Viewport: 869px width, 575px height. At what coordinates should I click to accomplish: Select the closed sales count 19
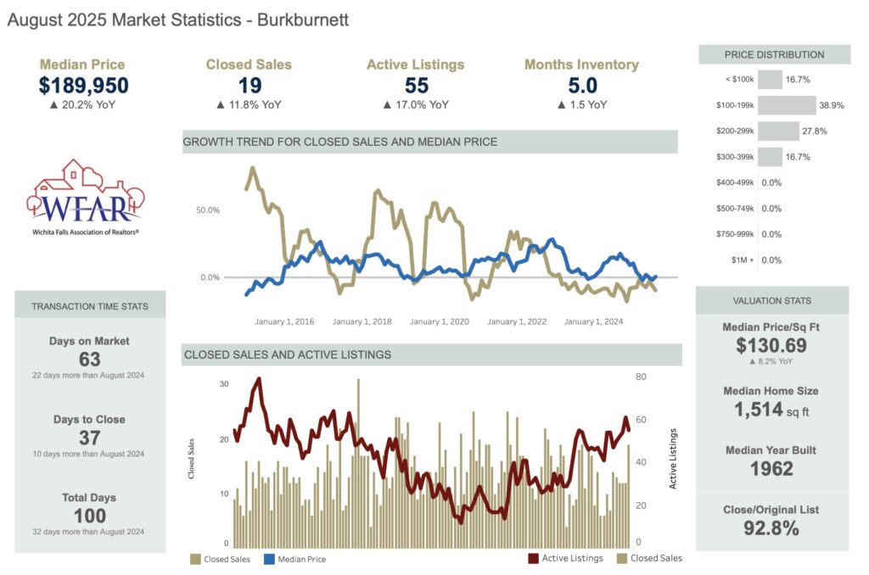tap(249, 86)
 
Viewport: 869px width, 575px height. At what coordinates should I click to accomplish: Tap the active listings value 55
tap(416, 86)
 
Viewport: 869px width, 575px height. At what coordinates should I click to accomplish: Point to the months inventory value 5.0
tap(582, 86)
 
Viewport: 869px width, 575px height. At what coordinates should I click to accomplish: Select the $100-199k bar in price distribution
tap(785, 106)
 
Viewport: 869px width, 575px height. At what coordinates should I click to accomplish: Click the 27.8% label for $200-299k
tap(815, 131)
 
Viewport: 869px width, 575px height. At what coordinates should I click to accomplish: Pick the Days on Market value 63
tap(89, 360)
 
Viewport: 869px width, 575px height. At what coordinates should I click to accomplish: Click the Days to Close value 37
tap(89, 438)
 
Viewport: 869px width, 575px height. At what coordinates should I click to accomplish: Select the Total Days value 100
tap(89, 516)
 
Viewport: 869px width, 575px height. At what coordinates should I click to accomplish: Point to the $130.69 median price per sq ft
tap(771, 345)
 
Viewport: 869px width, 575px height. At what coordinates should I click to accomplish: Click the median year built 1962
tap(771, 468)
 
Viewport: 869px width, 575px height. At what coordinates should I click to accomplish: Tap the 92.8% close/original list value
tap(771, 529)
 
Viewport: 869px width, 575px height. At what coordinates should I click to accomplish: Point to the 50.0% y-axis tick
tap(207, 209)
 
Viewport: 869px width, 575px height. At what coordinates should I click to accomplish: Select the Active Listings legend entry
tap(565, 558)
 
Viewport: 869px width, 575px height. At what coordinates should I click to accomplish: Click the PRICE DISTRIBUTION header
tap(774, 55)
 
